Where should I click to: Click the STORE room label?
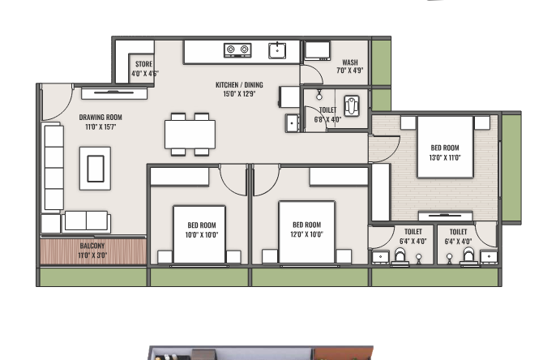(x=143, y=64)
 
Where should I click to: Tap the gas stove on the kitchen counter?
(x=237, y=50)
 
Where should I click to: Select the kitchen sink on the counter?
(x=277, y=50)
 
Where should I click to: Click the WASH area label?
(x=350, y=62)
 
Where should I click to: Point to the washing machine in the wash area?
(x=317, y=51)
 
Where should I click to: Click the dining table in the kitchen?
(x=190, y=134)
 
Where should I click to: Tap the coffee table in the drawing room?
(x=96, y=169)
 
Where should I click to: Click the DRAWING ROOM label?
(x=100, y=117)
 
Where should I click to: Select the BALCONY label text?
(x=92, y=246)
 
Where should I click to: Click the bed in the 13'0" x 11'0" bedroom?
(x=445, y=148)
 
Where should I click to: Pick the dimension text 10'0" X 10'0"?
(x=202, y=235)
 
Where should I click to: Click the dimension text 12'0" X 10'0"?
(x=307, y=234)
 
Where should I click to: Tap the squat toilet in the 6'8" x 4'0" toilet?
(x=352, y=106)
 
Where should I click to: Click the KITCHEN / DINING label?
(x=239, y=85)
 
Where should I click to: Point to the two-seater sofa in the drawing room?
(x=86, y=221)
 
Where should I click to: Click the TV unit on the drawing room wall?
(x=114, y=93)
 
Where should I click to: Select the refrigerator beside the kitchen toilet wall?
(x=289, y=97)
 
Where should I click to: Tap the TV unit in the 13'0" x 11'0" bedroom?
(x=446, y=216)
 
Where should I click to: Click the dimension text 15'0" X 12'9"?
(x=239, y=94)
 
